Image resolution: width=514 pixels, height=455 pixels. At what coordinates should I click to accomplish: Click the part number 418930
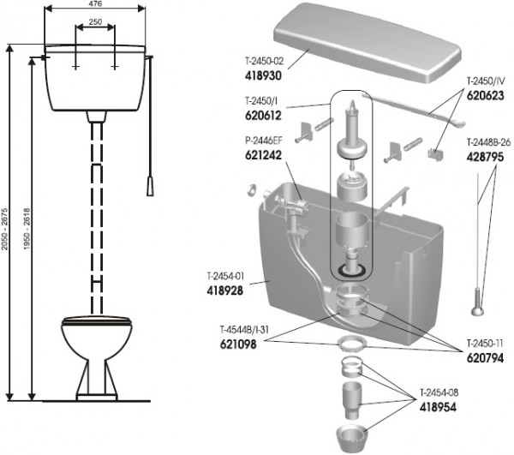[263, 75]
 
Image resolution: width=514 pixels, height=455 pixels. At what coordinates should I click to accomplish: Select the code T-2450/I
[261, 101]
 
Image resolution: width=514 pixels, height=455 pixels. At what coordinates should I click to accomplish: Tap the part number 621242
[263, 155]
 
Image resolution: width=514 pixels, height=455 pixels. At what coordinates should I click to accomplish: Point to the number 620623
[485, 95]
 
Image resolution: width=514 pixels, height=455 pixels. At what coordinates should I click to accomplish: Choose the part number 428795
[485, 157]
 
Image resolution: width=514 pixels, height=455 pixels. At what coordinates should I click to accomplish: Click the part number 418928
[224, 290]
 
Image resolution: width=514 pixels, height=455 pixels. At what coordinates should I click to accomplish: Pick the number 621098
[238, 344]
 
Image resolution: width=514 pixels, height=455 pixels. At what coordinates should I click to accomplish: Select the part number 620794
[485, 358]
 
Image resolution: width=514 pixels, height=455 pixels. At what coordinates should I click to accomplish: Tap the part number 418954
[438, 407]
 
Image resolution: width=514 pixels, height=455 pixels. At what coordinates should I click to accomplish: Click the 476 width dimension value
[95, 3]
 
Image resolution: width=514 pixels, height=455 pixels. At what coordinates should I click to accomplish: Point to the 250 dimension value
[95, 22]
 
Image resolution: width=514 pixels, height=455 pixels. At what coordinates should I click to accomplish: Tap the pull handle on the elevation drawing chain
[150, 187]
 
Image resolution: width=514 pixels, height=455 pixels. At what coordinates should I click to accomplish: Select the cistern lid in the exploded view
[368, 43]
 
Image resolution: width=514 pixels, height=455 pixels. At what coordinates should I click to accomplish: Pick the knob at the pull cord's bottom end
[477, 307]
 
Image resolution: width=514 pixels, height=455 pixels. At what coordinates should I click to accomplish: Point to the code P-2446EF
[264, 141]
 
